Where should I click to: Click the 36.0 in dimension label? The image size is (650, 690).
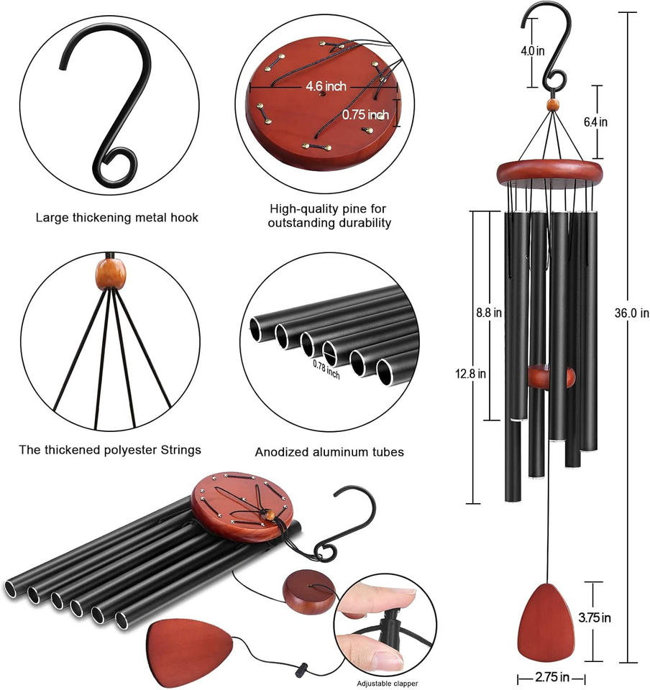(632, 313)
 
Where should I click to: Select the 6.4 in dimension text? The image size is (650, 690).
(595, 122)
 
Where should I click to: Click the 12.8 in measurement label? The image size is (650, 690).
(471, 373)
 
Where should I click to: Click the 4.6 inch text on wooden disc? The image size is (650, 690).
(326, 86)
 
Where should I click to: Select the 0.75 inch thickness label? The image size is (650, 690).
(365, 114)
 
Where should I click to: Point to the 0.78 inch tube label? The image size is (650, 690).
(326, 369)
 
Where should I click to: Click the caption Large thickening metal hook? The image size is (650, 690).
(117, 217)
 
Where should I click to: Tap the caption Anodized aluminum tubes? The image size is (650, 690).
(329, 452)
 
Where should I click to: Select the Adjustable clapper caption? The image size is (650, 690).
(388, 683)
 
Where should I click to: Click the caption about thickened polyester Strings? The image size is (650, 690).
(110, 450)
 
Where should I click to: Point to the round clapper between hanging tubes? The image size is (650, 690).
(551, 377)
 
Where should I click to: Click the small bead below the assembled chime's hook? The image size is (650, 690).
(552, 106)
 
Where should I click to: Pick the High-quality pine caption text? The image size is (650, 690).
(329, 216)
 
